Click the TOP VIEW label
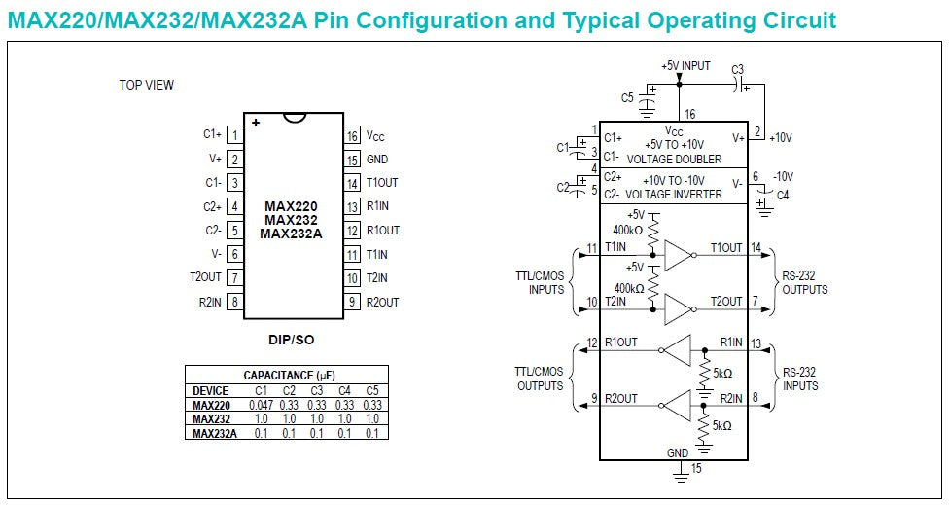147,85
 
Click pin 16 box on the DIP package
353,135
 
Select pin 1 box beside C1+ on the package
235,135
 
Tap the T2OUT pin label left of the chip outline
206,277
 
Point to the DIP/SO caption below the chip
291,341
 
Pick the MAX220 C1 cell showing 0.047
261,406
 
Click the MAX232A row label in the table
214,433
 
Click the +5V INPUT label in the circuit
685,66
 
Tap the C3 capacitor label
737,69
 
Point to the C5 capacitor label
627,97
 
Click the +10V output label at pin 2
781,138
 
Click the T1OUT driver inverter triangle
678,256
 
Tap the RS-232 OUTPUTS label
805,283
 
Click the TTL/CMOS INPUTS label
540,283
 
